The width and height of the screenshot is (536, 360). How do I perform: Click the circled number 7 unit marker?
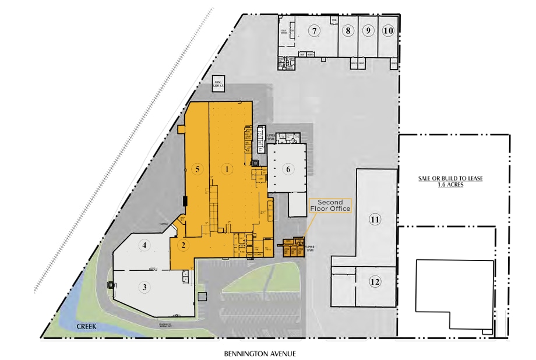point(315,30)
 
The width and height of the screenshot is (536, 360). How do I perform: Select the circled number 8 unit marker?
point(348,30)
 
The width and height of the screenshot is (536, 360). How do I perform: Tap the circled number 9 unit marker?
point(368,30)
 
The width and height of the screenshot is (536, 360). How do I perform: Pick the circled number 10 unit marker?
point(388,30)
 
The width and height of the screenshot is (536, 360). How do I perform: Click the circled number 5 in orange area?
point(198,169)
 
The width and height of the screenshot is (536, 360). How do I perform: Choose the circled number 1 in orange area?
point(228,169)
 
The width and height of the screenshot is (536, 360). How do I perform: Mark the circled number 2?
point(184,245)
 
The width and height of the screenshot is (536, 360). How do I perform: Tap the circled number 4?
point(144,245)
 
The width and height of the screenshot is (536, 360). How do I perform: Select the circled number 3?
point(144,287)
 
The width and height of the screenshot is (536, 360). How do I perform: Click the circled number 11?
point(375,220)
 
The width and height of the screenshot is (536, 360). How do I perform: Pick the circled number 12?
point(375,282)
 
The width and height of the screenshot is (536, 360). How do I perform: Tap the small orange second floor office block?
point(294,248)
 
